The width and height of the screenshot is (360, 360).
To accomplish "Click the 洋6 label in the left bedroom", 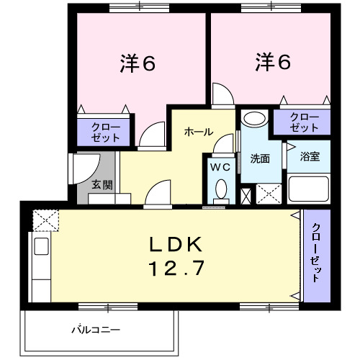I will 138,63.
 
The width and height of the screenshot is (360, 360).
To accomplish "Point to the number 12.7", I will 176,269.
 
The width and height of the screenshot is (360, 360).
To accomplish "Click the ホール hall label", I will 198,132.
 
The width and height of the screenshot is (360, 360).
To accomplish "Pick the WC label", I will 220,166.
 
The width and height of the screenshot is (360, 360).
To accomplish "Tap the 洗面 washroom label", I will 260,158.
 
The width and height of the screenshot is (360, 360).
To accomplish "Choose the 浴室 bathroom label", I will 310,155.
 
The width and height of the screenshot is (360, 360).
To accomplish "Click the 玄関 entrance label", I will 102,184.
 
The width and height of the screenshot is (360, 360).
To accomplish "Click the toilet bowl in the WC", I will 221,189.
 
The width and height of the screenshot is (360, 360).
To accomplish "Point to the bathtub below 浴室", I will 309,191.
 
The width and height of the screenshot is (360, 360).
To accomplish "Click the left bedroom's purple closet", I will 105,132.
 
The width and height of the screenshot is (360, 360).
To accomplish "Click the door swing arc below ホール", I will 157,194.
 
